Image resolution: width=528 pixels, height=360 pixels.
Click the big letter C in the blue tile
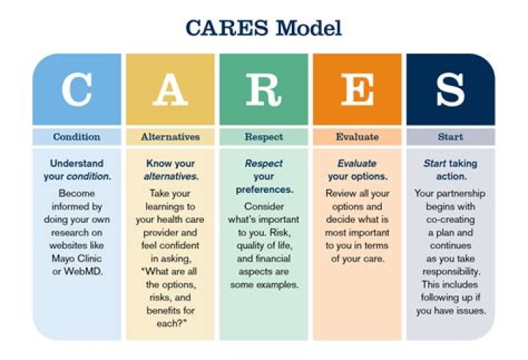(76, 89)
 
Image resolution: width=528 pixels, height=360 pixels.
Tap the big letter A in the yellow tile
(169, 89)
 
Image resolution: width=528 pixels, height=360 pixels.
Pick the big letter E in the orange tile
(357, 89)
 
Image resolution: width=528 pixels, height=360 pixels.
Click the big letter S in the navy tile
(450, 89)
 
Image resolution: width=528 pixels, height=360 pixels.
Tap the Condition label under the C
(76, 136)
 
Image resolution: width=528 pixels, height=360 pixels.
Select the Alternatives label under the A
(170, 136)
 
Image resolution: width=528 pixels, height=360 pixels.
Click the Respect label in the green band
(263, 136)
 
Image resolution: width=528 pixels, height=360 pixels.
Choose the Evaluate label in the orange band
(357, 136)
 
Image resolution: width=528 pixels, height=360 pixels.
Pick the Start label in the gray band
(450, 136)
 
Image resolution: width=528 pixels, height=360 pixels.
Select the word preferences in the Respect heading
(265, 190)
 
